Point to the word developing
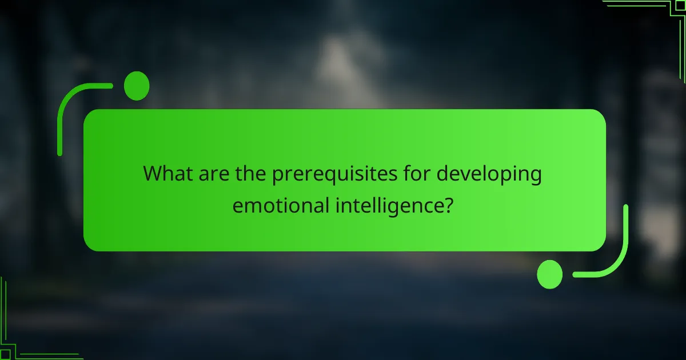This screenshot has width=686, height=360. pyautogui.click(x=489, y=174)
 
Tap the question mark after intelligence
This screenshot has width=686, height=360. pyautogui.click(x=448, y=204)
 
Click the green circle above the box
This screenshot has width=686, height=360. pyautogui.click(x=137, y=86)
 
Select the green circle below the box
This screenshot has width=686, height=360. pyautogui.click(x=550, y=274)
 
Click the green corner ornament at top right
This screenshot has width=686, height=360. pyautogui.click(x=652, y=17)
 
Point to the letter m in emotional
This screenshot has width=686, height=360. pyautogui.click(x=253, y=205)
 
